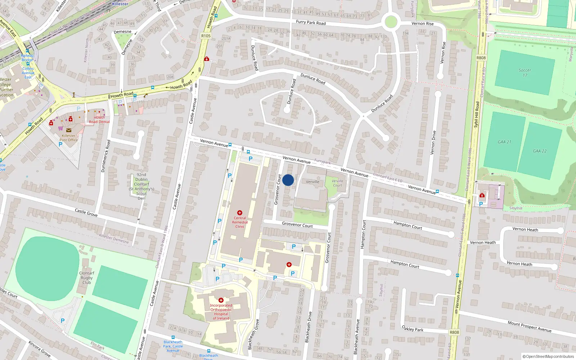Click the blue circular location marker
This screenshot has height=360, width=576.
click(x=288, y=180)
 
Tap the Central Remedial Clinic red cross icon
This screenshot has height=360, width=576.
click(x=240, y=213)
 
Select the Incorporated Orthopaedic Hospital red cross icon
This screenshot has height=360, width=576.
click(x=221, y=300)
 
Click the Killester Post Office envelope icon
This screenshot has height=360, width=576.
click(x=68, y=130)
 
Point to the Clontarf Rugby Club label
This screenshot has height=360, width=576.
click(x=87, y=278)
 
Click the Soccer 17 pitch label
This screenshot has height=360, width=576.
click(x=525, y=72)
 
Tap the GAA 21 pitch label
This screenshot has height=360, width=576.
click(x=504, y=142)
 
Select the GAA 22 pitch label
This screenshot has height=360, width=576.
click(x=539, y=151)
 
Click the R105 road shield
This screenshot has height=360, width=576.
click(x=206, y=36)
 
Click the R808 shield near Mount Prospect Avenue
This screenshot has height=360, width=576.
click(x=454, y=332)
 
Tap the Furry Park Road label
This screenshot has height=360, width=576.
click(x=311, y=22)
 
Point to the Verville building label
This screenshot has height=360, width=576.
click(x=312, y=182)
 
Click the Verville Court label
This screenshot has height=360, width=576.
click(x=337, y=183)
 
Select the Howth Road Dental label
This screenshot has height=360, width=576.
click(x=99, y=120)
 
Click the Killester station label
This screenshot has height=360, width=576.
click(x=120, y=4)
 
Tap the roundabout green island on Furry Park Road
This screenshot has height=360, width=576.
click(x=391, y=22)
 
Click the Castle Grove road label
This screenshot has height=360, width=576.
click(x=86, y=212)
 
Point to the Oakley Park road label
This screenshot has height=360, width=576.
click(x=413, y=329)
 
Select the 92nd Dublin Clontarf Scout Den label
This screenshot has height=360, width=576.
click(x=141, y=186)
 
